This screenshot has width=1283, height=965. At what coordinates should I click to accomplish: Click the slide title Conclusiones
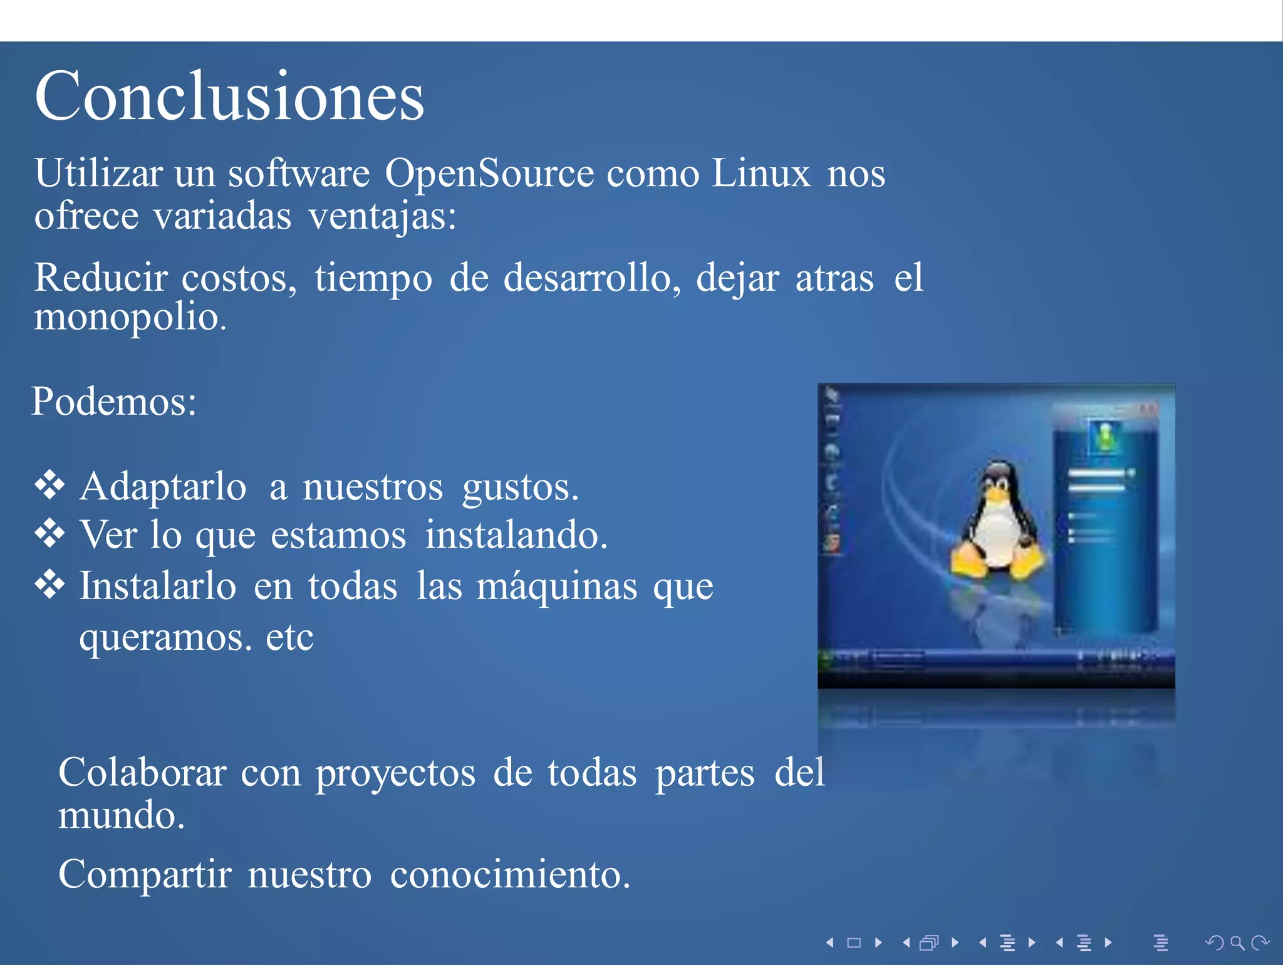point(229,97)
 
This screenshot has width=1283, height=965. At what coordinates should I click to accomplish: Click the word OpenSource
point(489,174)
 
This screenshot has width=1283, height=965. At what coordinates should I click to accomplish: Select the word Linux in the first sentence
point(761,174)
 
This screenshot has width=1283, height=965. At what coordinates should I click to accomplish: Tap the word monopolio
point(129,317)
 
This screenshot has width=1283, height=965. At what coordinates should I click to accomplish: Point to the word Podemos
point(113,402)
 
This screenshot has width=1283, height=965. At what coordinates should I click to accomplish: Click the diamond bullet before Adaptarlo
point(49,484)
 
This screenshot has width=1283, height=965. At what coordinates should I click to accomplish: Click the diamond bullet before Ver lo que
point(49,533)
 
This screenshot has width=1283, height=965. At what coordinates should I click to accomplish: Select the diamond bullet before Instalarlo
point(49,584)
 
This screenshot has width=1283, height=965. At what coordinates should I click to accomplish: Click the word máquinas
point(557,587)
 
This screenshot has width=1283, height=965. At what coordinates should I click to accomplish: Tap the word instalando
point(516,536)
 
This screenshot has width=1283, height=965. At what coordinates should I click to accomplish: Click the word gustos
point(520,488)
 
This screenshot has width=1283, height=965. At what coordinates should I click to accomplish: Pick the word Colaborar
point(142,773)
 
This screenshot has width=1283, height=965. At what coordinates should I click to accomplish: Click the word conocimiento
point(509,875)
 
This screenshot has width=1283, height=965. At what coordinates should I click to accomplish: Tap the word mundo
point(121,816)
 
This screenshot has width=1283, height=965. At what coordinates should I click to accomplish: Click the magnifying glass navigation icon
point(1237,942)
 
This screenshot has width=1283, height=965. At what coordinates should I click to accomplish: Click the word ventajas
point(382,217)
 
